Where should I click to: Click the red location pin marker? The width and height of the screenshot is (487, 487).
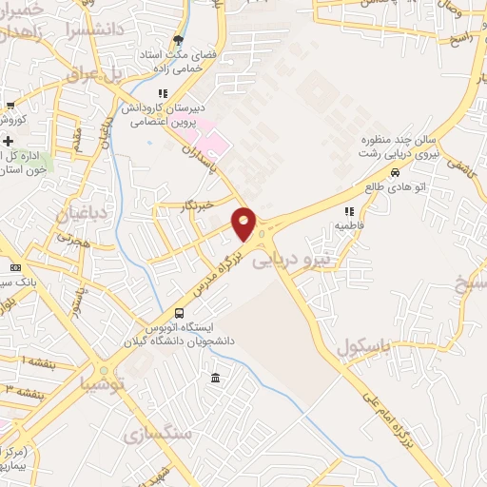244,224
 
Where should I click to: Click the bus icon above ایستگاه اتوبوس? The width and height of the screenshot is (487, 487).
179,313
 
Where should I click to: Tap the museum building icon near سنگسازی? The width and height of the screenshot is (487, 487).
216,379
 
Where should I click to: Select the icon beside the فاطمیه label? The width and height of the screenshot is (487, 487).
349,210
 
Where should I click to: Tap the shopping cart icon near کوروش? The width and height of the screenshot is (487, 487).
10,106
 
